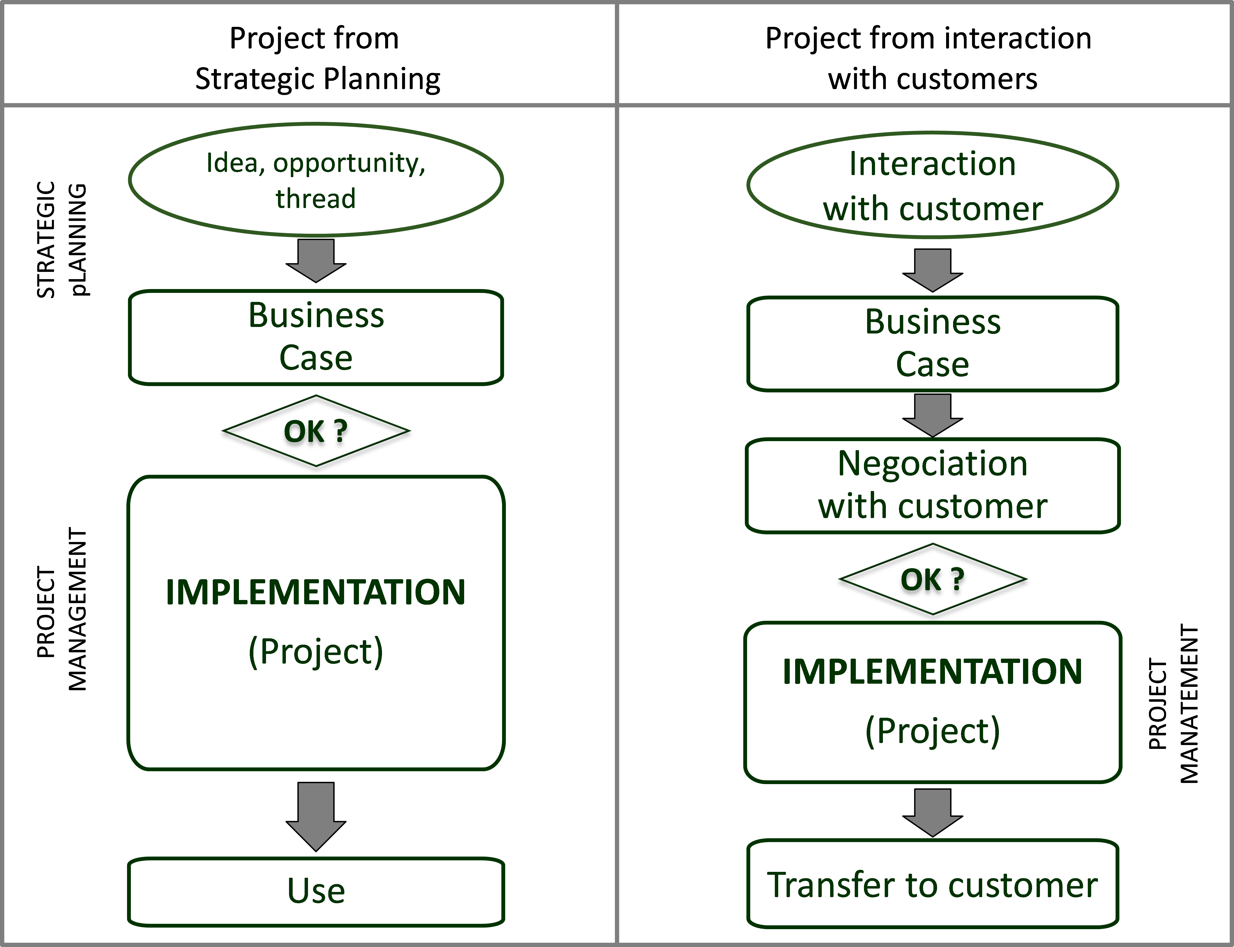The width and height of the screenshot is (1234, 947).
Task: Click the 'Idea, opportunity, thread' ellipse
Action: point(316,179)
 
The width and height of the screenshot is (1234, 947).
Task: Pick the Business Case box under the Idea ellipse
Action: point(316,337)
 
